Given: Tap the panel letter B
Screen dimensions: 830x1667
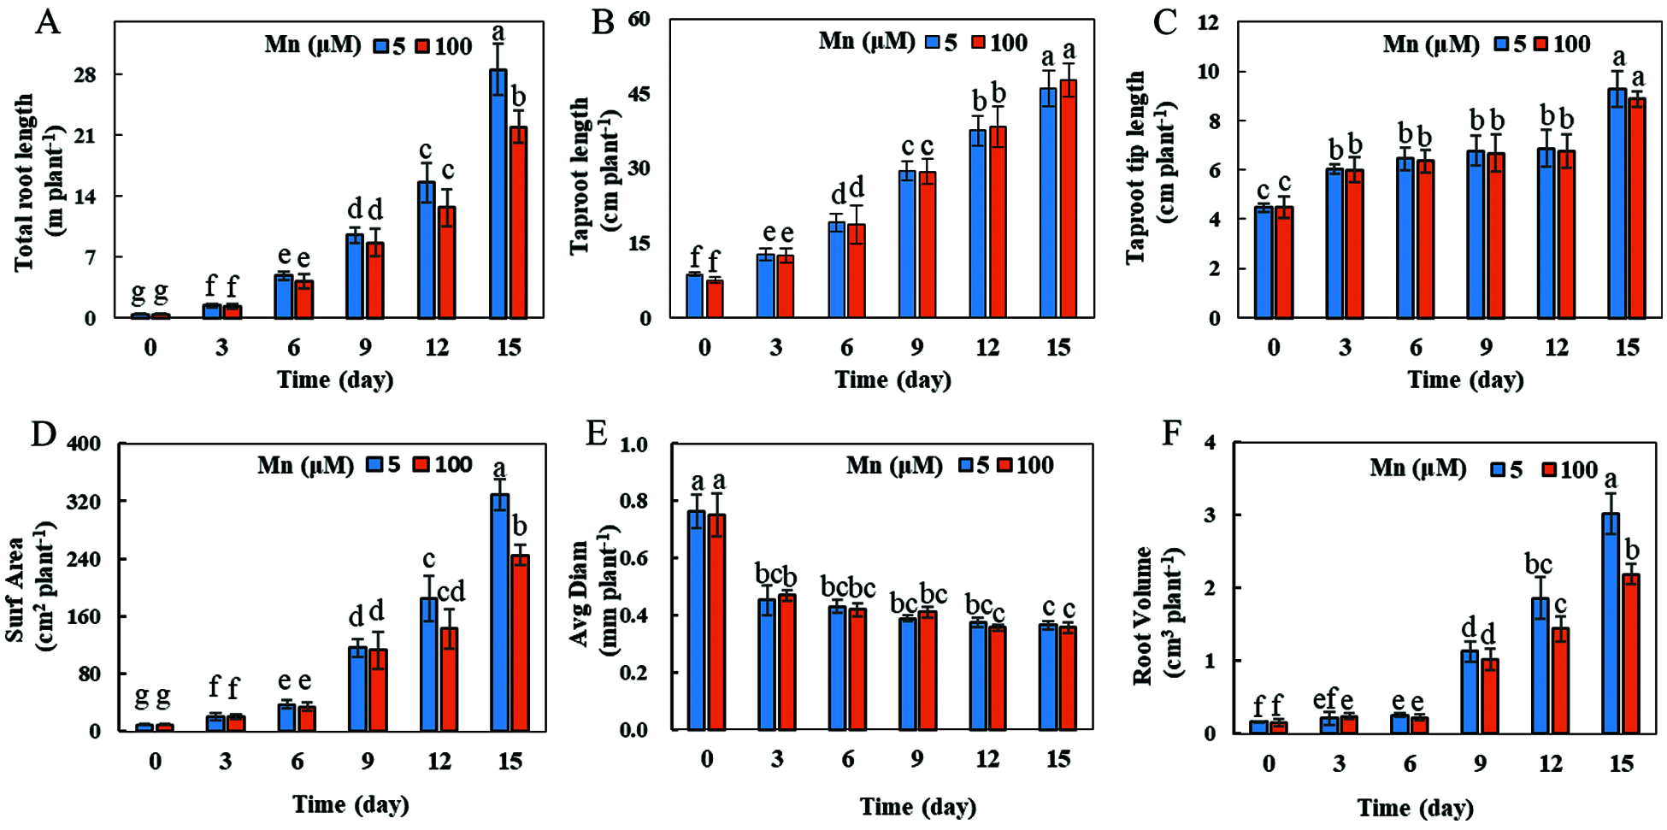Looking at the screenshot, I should pyautogui.click(x=603, y=22).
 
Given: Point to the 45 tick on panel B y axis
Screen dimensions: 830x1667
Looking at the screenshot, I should pyautogui.click(x=639, y=93).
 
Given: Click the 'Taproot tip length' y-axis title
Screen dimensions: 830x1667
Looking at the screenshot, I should pyautogui.click(x=1135, y=168).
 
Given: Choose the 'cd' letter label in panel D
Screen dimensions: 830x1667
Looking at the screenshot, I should pyautogui.click(x=451, y=592).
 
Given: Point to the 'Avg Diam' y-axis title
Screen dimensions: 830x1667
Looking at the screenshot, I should pyautogui.click(x=580, y=593).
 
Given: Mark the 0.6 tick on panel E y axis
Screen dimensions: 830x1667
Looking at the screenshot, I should pyautogui.click(x=633, y=558).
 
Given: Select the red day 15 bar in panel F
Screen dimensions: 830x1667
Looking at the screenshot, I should pyautogui.click(x=1631, y=654).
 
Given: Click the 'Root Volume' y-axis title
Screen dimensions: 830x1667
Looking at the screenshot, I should pyautogui.click(x=1142, y=615).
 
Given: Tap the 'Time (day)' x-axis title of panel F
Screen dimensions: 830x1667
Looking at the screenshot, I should pyautogui.click(x=1415, y=807).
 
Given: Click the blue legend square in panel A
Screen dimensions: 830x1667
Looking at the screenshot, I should pyautogui.click(x=381, y=46).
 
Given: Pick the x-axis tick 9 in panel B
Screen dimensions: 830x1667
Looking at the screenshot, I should pyautogui.click(x=916, y=348).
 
